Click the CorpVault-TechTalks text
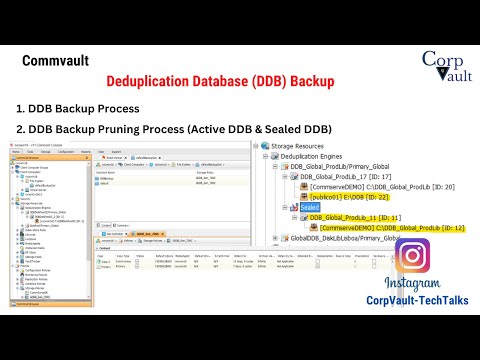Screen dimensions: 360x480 pyautogui.click(x=412, y=300)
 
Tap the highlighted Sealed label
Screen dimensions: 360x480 pyautogui.click(x=307, y=207)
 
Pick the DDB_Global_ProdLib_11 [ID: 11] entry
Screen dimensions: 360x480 pyautogui.click(x=355, y=217)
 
